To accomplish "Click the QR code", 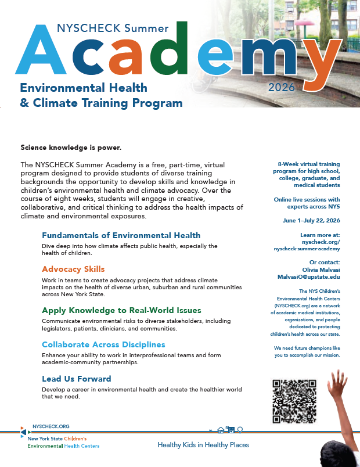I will [293, 401].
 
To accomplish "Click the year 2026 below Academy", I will [282, 88].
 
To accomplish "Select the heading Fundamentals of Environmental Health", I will [121, 235].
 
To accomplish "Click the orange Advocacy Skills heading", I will [73, 269].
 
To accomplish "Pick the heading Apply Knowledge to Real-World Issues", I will [121, 310].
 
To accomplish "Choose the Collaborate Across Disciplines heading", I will [103, 344].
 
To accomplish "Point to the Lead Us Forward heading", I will [76, 379].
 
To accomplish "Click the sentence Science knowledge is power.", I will [71, 148].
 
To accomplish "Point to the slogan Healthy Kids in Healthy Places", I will [203, 445].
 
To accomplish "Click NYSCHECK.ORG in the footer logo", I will [51, 426].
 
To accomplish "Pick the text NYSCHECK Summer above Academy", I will [113, 27].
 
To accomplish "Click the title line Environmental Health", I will [84, 88].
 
